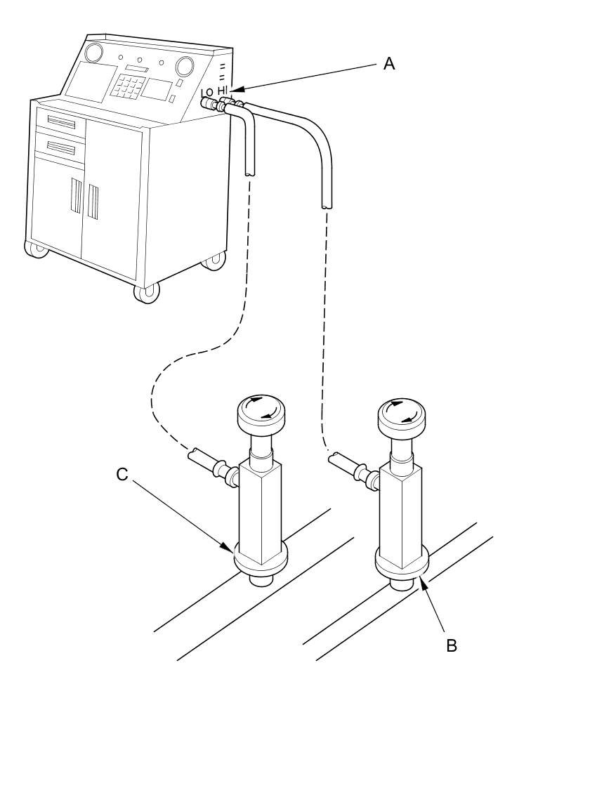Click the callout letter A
pyautogui.click(x=389, y=64)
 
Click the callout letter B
pyautogui.click(x=452, y=645)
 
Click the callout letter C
pyautogui.click(x=122, y=475)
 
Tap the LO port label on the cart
pyautogui.click(x=206, y=92)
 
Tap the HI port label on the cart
pyautogui.click(x=223, y=90)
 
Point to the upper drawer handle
pyautogui.click(x=61, y=123)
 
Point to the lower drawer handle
pyautogui.click(x=61, y=147)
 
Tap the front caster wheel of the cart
pyautogui.click(x=147, y=291)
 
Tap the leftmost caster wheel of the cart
pyautogui.click(x=37, y=248)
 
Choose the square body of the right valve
pyautogui.click(x=400, y=516)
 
